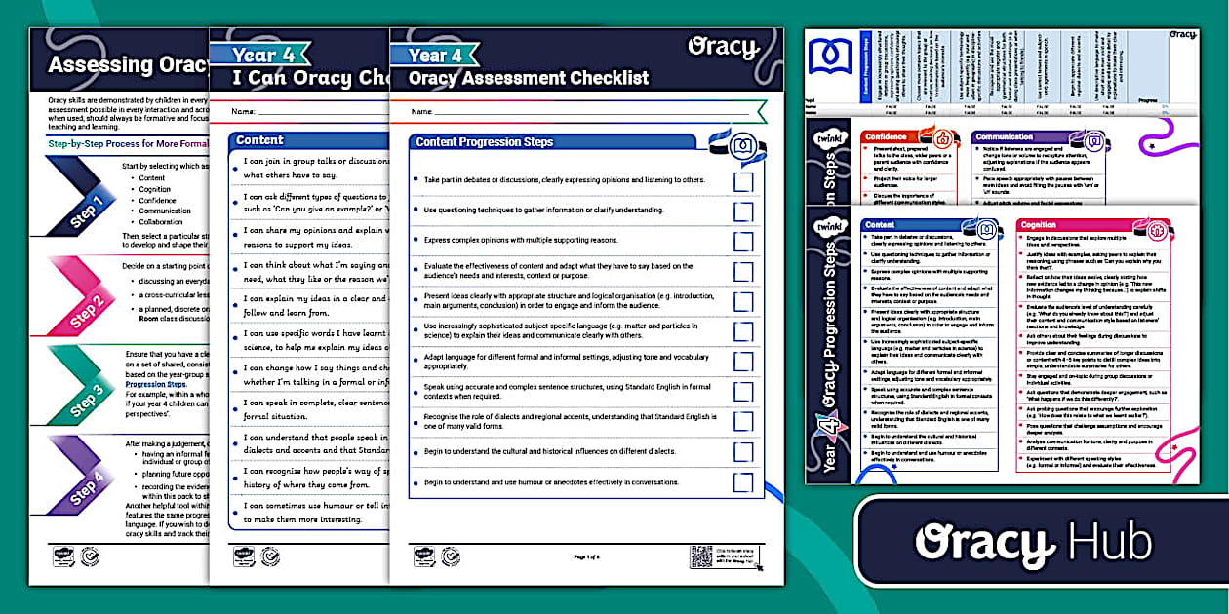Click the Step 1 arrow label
pos(91,210)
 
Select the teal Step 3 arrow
pos(91,395)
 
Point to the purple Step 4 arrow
pos(91,486)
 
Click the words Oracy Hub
pos(1034,542)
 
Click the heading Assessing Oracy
pos(128,65)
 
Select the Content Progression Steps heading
pos(484,142)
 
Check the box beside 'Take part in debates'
pos(743,181)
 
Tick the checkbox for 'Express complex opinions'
pos(743,241)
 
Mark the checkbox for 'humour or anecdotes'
pos(743,482)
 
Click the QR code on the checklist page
pos(700,556)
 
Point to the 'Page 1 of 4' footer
pos(587,556)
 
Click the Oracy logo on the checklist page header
pos(723,47)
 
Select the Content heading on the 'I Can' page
pos(259,140)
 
